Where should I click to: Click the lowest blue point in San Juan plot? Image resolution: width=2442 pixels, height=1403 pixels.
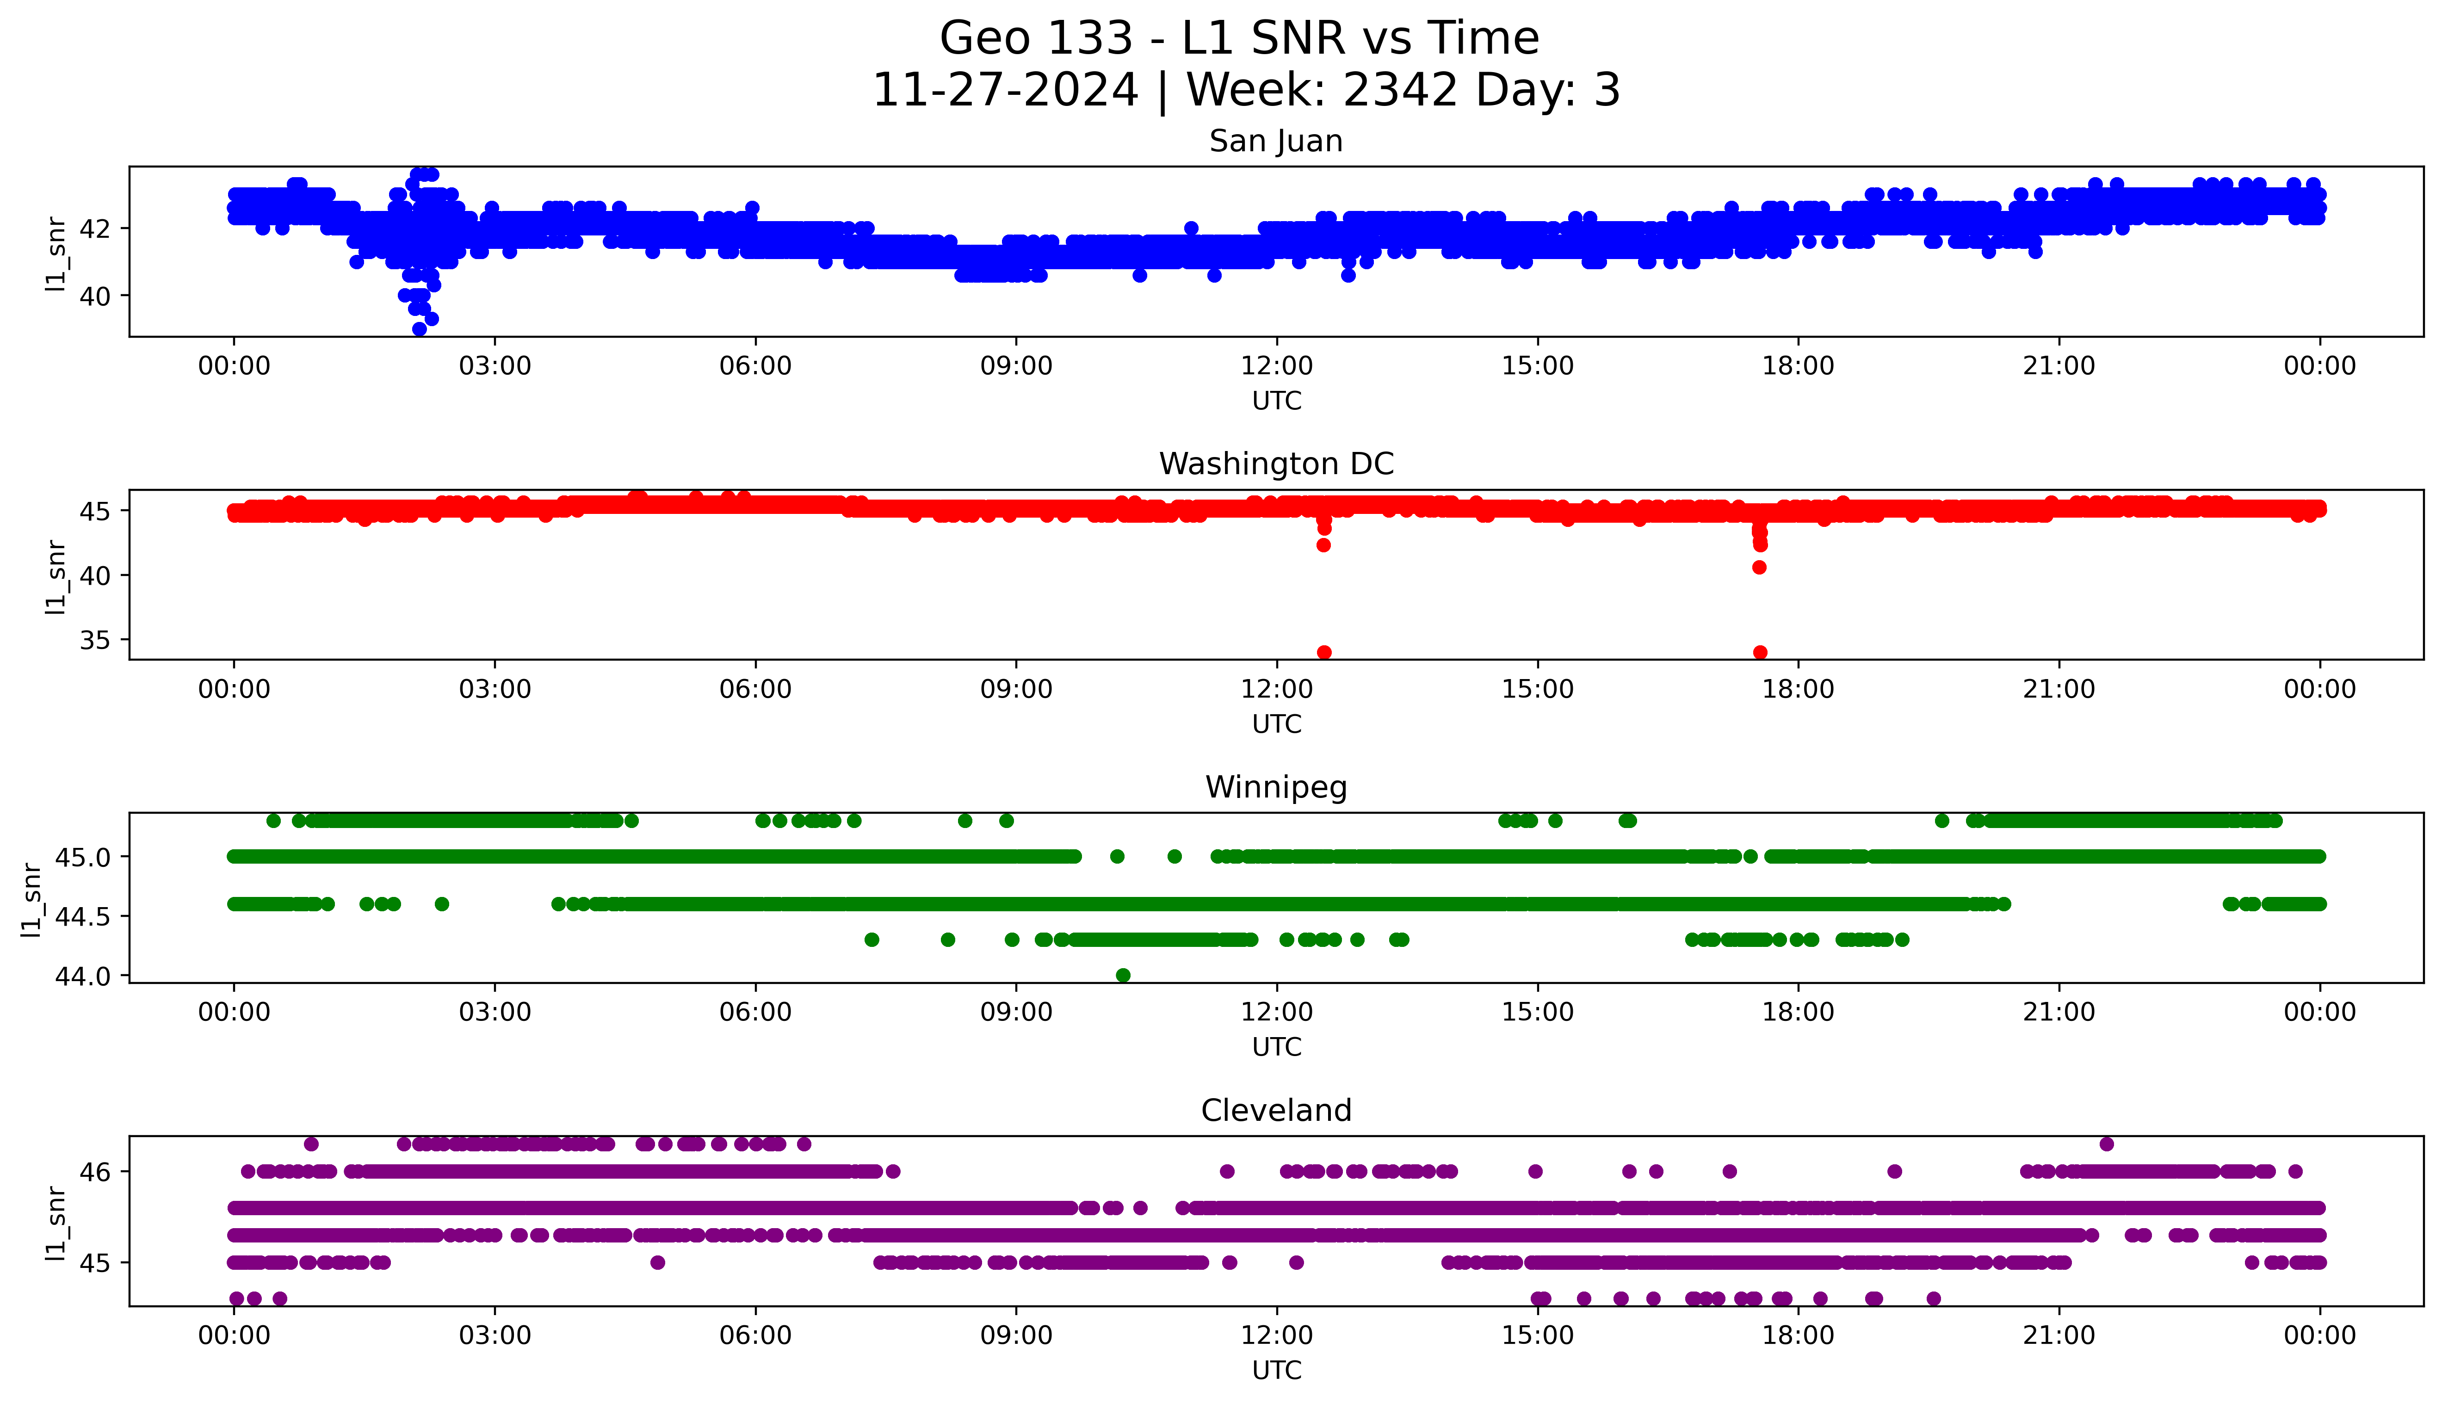point(419,328)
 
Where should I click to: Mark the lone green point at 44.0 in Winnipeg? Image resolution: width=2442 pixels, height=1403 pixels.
point(1122,975)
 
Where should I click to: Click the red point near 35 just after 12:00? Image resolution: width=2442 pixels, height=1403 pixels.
point(1323,652)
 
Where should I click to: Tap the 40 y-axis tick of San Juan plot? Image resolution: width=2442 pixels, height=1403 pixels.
point(96,296)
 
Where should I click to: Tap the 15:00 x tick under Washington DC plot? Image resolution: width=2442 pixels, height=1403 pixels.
point(1538,689)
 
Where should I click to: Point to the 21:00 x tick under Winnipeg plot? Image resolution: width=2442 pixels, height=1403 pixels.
point(2059,1012)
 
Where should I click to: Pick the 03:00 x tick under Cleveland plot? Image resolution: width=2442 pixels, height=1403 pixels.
point(494,1335)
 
